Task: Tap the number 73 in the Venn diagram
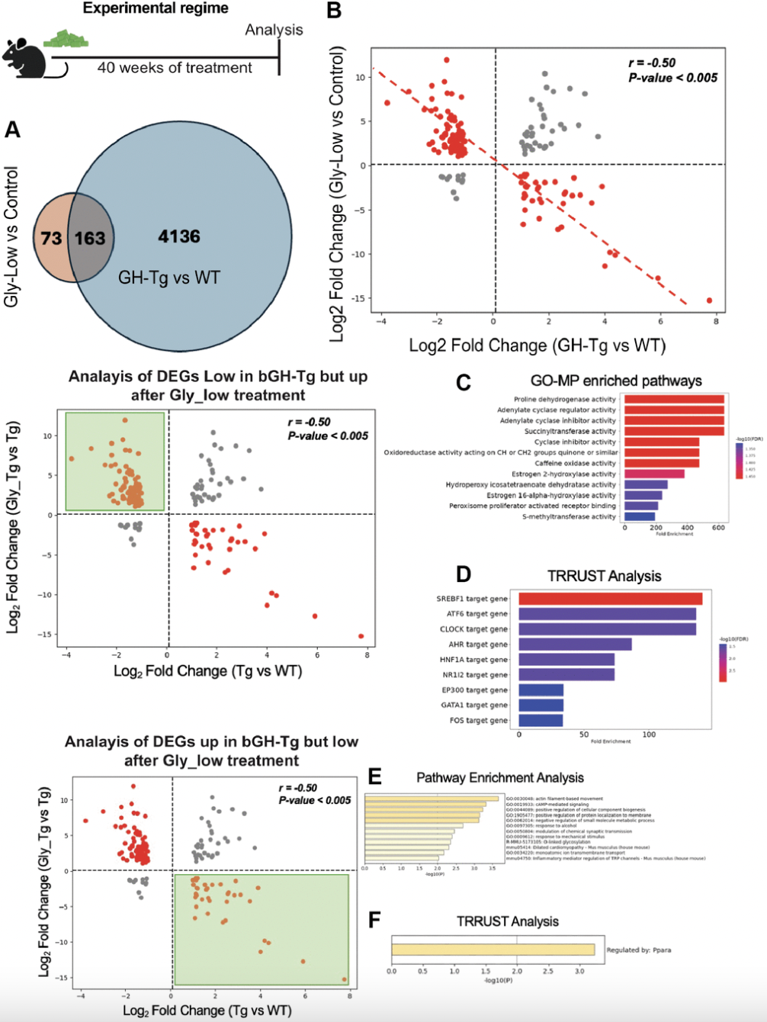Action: coord(51,239)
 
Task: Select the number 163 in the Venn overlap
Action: coord(90,239)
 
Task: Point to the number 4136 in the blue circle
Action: coord(179,236)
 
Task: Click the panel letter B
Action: coord(334,11)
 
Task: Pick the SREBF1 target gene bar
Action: coord(610,599)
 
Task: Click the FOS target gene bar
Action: coord(541,720)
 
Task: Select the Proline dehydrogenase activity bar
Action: coord(674,399)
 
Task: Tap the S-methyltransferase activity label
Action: coord(569,516)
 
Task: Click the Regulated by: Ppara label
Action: coord(639,950)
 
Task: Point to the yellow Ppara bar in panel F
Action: coord(493,950)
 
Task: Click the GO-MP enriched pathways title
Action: coord(616,381)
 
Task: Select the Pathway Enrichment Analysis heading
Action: coord(500,777)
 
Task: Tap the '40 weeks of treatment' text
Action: coord(175,68)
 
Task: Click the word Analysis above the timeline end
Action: coord(274,30)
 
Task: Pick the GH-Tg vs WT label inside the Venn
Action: coord(168,278)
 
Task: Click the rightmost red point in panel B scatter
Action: coord(709,300)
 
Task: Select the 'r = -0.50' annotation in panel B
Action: coord(652,63)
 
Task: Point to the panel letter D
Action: coord(464,574)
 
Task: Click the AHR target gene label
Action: coord(477,644)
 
